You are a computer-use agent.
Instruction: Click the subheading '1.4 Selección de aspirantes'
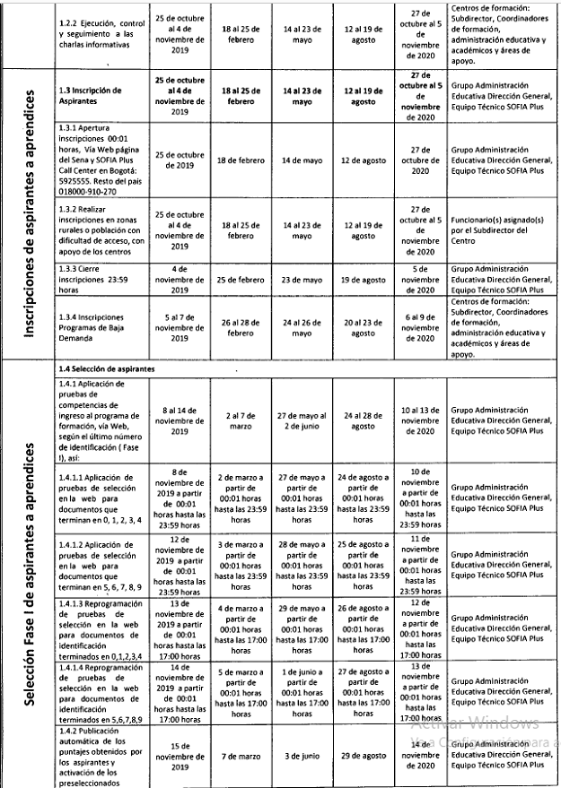coord(104,368)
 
